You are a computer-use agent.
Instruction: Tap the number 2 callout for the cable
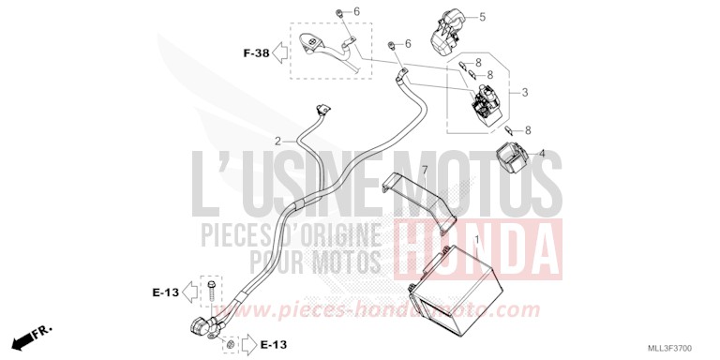pyautogui.click(x=278, y=142)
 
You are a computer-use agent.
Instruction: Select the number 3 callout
pyautogui.click(x=525, y=92)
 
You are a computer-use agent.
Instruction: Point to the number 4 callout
pyautogui.click(x=541, y=153)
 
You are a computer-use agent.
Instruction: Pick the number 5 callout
pyautogui.click(x=482, y=17)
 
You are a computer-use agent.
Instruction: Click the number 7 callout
pyautogui.click(x=424, y=170)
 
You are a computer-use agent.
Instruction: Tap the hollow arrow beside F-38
pyautogui.click(x=279, y=53)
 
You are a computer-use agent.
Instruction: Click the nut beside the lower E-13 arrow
pyautogui.click(x=228, y=346)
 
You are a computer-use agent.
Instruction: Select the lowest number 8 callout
pyautogui.click(x=528, y=129)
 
